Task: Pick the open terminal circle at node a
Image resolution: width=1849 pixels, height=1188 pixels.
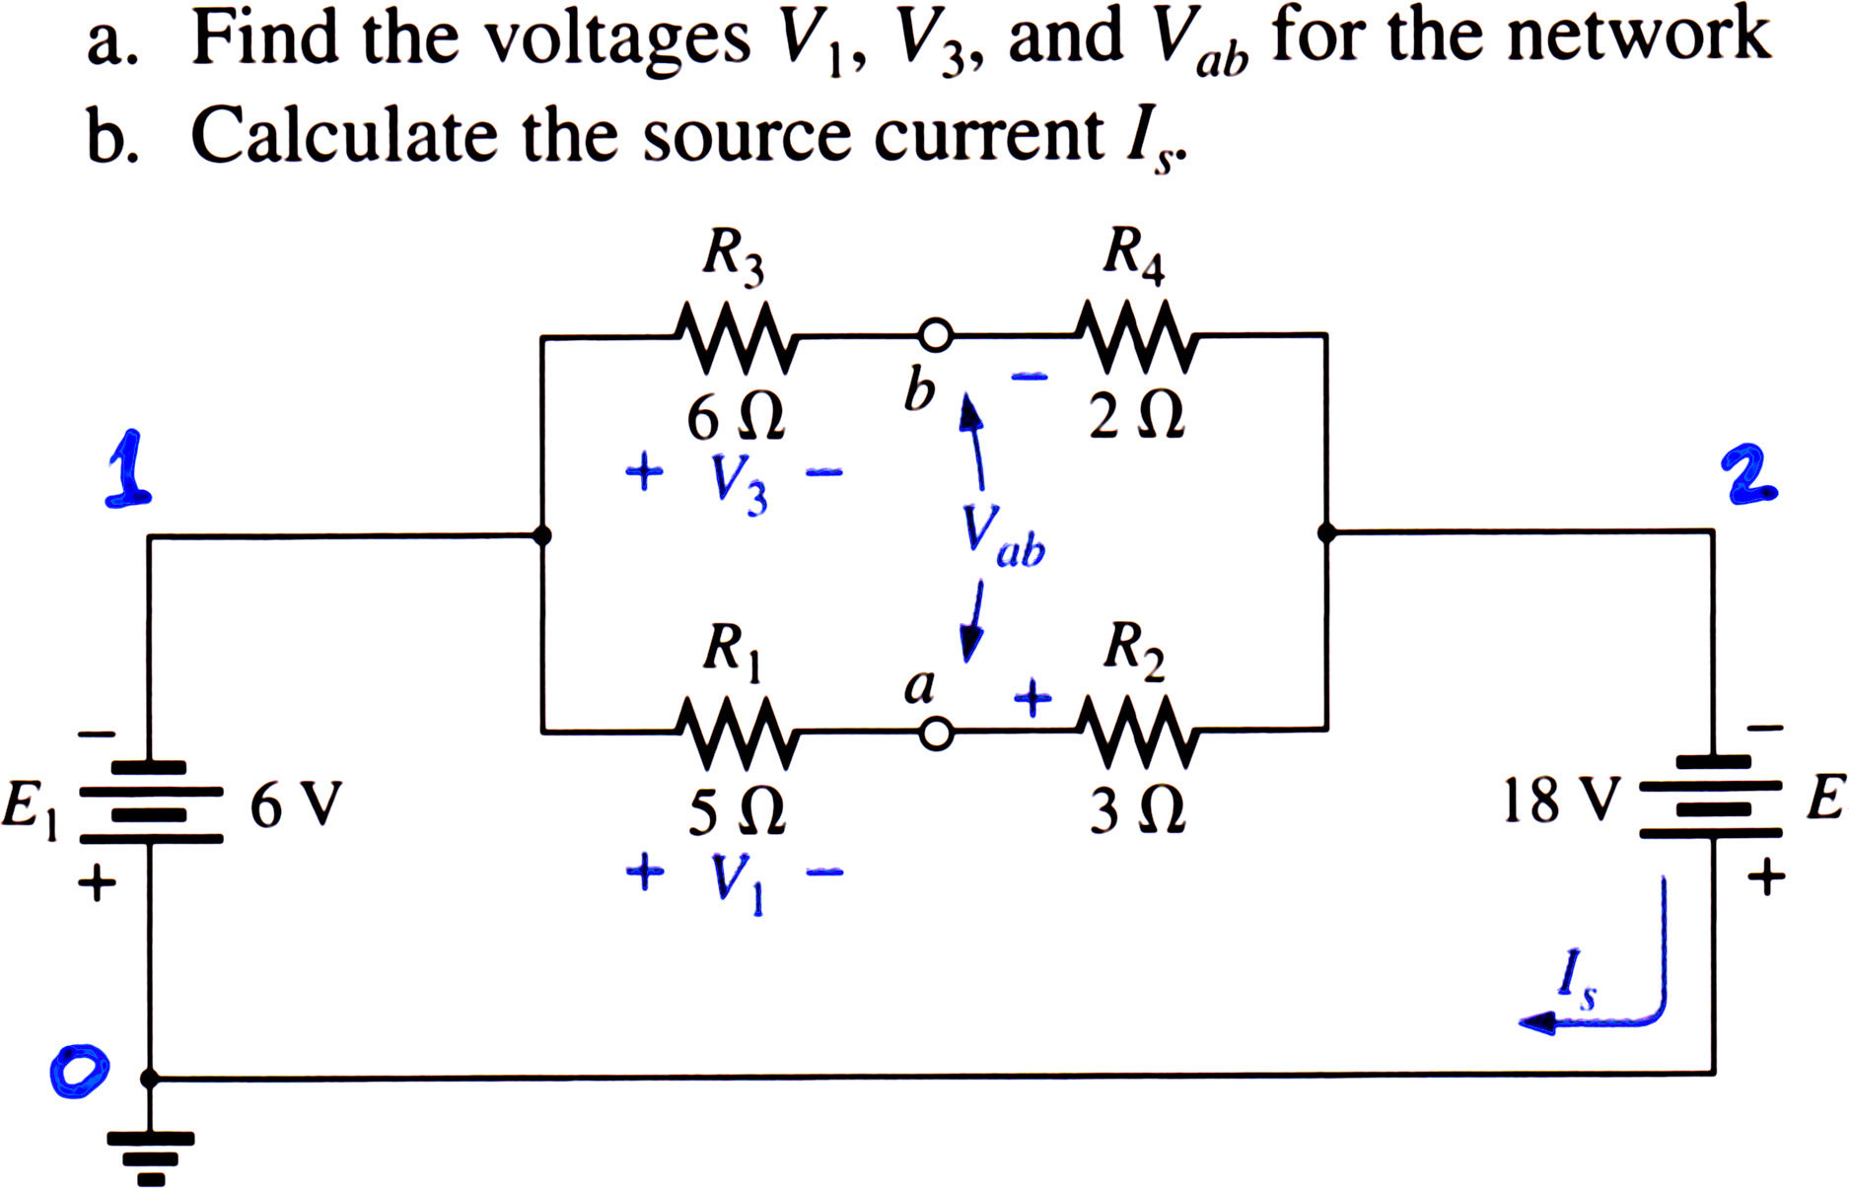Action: coord(936,734)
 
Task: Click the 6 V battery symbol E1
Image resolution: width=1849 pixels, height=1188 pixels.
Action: coord(150,802)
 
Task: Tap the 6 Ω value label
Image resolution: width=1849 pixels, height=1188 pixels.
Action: coord(736,418)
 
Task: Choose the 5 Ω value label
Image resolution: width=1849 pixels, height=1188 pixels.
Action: coord(736,813)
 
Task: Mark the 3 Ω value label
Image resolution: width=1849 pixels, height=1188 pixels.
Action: coord(1136,812)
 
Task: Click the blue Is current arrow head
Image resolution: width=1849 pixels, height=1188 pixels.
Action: coord(1538,1023)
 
